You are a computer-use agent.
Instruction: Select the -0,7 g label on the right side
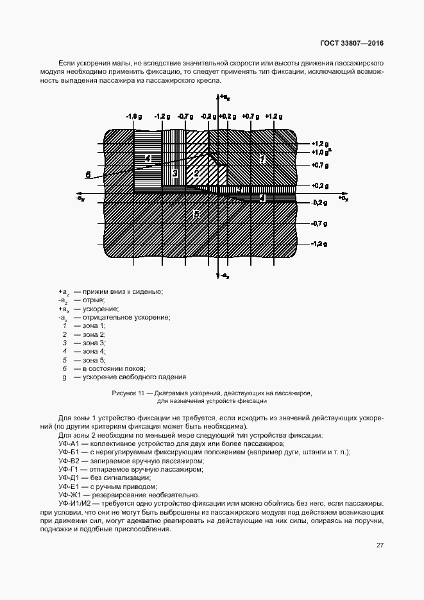click(x=319, y=223)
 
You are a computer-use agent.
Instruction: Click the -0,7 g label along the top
click(x=185, y=117)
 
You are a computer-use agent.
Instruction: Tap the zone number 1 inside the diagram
click(x=262, y=158)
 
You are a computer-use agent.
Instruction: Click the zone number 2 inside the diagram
click(x=197, y=173)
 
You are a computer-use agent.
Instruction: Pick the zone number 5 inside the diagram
click(x=196, y=213)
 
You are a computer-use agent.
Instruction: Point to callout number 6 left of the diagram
click(x=88, y=174)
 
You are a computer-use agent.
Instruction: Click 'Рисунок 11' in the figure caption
click(x=128, y=392)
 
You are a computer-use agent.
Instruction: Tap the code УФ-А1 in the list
click(x=68, y=444)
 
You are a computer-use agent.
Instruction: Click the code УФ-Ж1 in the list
click(x=69, y=494)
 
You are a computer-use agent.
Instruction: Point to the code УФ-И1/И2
click(x=74, y=502)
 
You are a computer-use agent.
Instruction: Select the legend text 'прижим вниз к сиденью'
click(x=123, y=293)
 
